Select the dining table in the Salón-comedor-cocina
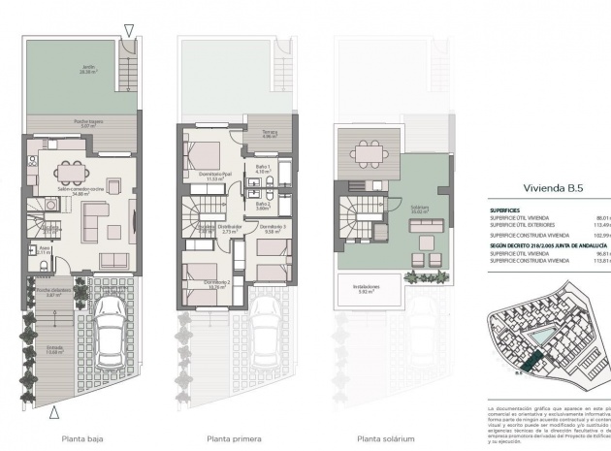pyautogui.click(x=67, y=171)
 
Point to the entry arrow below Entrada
pyautogui.click(x=52, y=414)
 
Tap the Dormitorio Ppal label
pyautogui.click(x=212, y=175)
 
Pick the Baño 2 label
pyautogui.click(x=262, y=206)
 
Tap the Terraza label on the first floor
pyautogui.click(x=269, y=133)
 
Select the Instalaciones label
pyautogui.click(x=365, y=288)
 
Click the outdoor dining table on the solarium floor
pyautogui.click(x=369, y=155)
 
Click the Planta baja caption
pyautogui.click(x=81, y=437)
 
